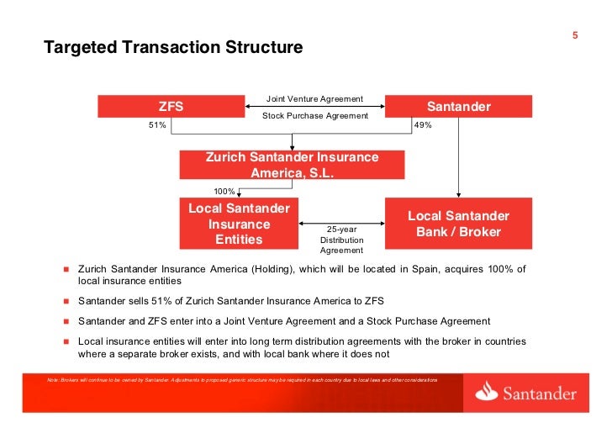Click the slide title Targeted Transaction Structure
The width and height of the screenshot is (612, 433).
(172, 48)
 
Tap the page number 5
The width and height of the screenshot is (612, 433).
(575, 35)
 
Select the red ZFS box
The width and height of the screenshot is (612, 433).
(171, 107)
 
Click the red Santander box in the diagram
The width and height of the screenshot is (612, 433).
(458, 107)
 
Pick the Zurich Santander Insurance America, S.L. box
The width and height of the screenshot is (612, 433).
(292, 165)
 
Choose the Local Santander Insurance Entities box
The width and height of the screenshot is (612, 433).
(240, 224)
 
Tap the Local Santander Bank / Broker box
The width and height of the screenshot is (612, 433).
(458, 224)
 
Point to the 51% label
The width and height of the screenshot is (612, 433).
(158, 125)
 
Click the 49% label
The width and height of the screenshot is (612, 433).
(423, 125)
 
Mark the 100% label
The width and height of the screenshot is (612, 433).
(224, 191)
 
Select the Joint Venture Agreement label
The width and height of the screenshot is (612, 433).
(314, 99)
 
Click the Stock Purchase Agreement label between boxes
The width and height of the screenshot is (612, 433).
(315, 115)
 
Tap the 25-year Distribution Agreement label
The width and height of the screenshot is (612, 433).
(341, 239)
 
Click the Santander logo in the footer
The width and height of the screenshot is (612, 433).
(525, 393)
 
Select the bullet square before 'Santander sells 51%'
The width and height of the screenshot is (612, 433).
(65, 301)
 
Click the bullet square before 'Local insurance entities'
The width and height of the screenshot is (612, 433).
(65, 342)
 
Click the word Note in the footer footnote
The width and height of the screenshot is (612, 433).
(55, 381)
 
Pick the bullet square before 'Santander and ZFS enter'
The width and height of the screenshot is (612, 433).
(65, 322)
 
